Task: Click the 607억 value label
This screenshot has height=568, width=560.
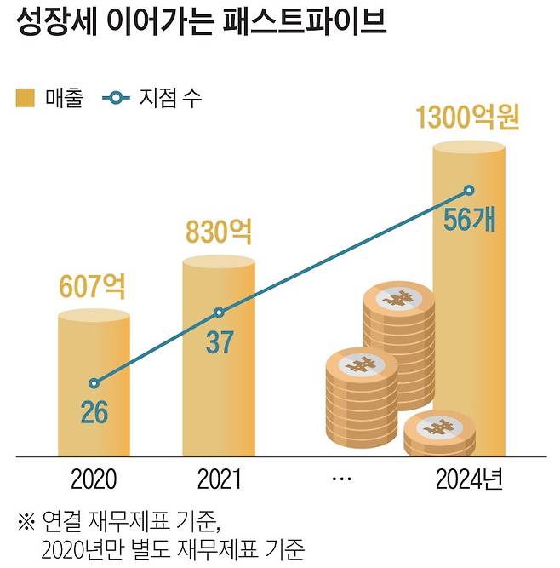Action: pyautogui.click(x=93, y=287)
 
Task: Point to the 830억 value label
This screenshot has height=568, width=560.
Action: pyautogui.click(x=219, y=232)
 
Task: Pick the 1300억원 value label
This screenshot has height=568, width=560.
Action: pyautogui.click(x=468, y=119)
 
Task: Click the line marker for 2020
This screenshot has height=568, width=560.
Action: pyautogui.click(x=94, y=383)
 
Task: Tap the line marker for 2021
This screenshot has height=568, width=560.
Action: pyautogui.click(x=219, y=313)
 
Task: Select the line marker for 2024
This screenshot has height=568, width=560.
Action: pyautogui.click(x=469, y=191)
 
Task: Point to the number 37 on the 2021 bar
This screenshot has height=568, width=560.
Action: pyautogui.click(x=220, y=342)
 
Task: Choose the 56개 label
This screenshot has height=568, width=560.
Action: pyautogui.click(x=469, y=221)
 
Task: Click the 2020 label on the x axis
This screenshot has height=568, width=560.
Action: pyautogui.click(x=94, y=479)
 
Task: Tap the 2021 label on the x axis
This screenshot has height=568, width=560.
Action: pyautogui.click(x=219, y=479)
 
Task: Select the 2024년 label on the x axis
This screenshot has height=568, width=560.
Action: pyautogui.click(x=469, y=479)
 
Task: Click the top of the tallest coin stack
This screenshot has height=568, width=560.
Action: pyautogui.click(x=398, y=299)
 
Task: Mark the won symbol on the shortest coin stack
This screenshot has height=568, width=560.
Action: pyautogui.click(x=439, y=427)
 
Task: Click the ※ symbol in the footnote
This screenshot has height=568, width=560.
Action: pyautogui.click(x=26, y=519)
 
